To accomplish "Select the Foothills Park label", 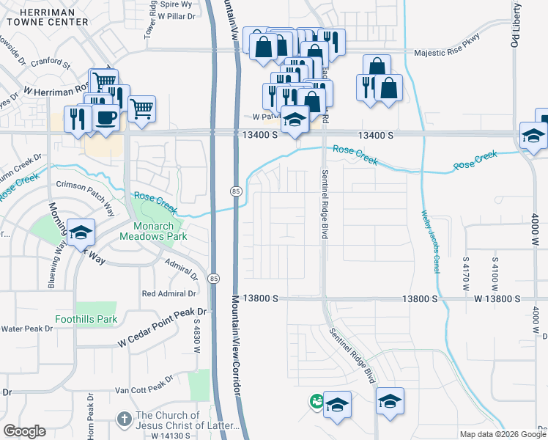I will pyautogui.click(x=86, y=319).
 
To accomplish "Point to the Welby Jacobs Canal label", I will pyautogui.click(x=431, y=242).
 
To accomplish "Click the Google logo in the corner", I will pyautogui.click(x=24, y=431).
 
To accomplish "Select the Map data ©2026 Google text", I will pyautogui.click(x=503, y=434).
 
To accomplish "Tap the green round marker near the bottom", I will pyautogui.click(x=316, y=401).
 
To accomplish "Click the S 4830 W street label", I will pyautogui.click(x=196, y=331).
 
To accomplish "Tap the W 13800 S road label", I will pyautogui.click(x=496, y=298).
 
